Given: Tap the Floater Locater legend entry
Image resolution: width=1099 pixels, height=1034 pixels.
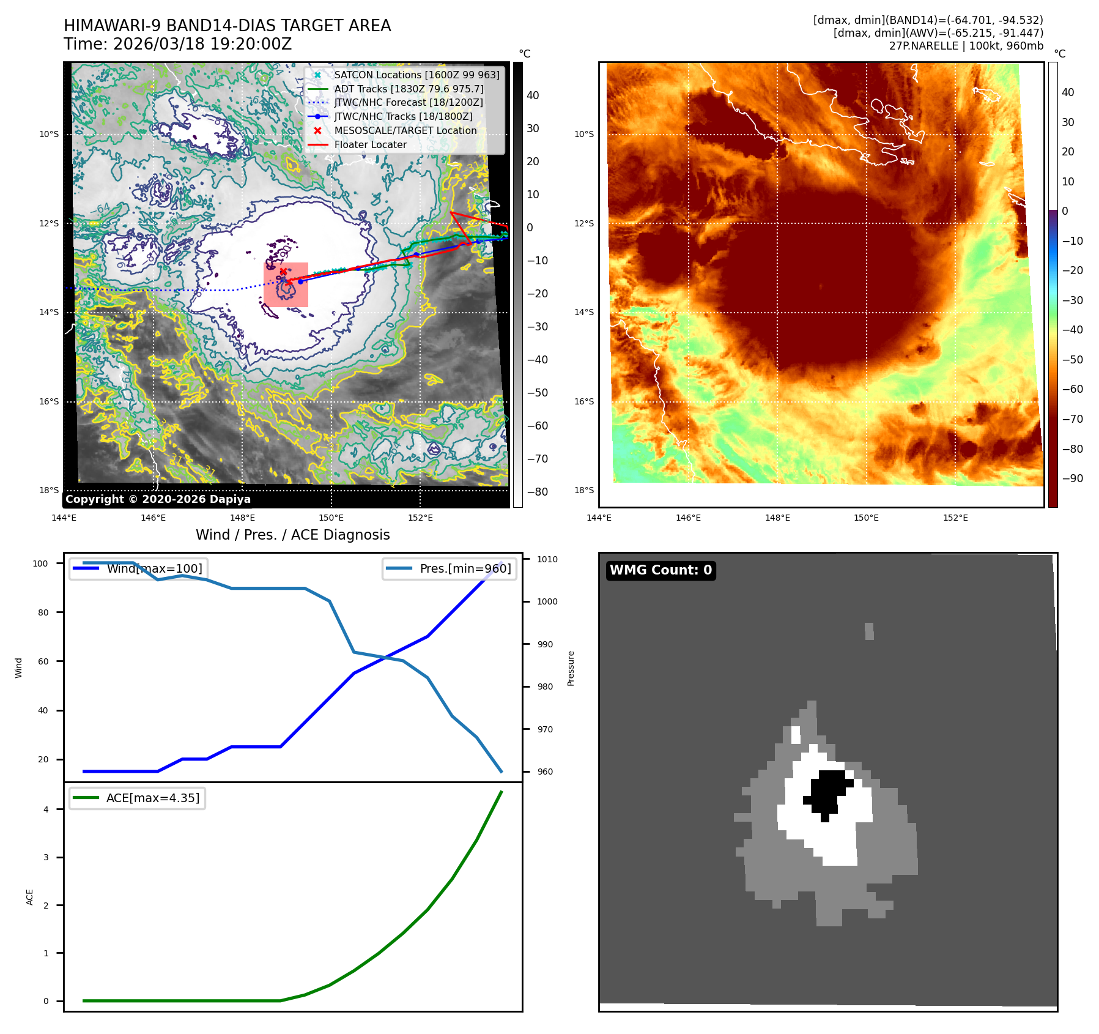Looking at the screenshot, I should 370,144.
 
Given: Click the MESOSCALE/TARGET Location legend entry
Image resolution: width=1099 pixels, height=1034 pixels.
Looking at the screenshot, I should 405,130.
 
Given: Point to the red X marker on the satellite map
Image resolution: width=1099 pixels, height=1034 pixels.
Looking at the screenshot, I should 283,271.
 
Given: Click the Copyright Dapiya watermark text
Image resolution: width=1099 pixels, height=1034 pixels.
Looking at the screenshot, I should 158,499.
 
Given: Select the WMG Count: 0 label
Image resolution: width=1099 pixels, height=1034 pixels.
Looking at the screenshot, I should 661,570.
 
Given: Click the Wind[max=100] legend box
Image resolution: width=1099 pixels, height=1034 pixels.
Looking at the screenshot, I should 137,568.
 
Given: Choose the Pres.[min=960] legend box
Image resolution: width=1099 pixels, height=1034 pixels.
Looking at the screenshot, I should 449,568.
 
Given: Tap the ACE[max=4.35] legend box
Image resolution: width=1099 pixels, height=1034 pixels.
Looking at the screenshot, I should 137,798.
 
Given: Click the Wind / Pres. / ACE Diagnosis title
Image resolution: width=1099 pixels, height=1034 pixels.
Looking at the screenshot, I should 292,535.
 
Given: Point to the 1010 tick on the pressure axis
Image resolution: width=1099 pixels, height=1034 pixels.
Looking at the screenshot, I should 547,559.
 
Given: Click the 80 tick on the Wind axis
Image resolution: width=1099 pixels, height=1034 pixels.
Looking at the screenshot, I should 43,612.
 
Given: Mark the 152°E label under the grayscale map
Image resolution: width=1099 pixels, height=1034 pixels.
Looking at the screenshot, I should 420,518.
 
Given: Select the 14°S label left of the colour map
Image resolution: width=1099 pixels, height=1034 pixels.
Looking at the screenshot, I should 583,312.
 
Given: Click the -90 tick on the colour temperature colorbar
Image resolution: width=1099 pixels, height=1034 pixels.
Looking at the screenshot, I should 1072,478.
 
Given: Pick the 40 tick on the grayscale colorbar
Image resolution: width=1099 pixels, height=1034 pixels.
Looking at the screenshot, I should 533,95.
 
